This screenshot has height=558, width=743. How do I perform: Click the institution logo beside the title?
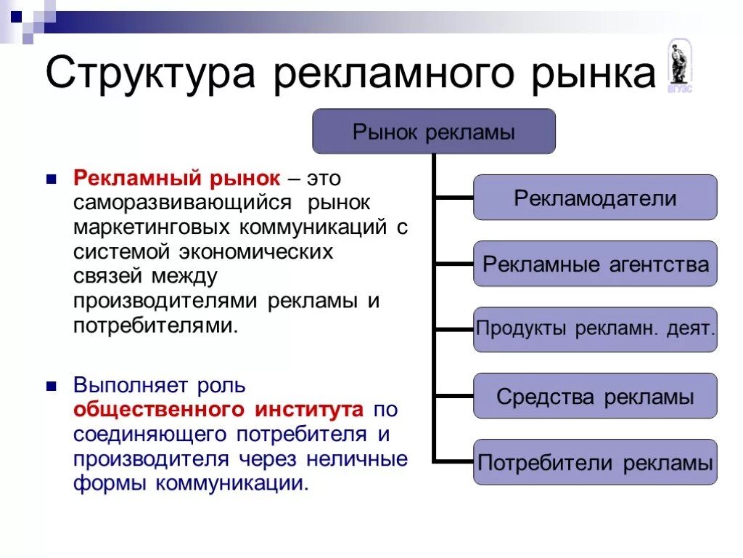(680, 65)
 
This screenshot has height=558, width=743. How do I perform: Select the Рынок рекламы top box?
(433, 132)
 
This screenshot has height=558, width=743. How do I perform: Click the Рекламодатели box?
(595, 198)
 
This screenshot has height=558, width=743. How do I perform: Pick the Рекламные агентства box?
(595, 264)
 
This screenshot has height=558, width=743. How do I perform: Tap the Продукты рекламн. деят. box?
(595, 330)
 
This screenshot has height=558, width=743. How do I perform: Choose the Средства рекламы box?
(595, 396)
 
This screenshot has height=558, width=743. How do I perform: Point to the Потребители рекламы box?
(595, 462)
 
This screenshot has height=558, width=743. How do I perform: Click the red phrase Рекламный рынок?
(176, 178)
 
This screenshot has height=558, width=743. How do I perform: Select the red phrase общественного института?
(218, 410)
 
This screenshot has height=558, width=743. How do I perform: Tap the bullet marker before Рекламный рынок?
(51, 178)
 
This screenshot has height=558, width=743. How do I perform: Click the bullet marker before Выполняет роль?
(51, 385)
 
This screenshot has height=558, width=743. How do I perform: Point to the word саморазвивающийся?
(182, 203)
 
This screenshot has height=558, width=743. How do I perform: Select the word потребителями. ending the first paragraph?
(155, 325)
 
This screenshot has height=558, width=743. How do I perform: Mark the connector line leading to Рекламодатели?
(453, 197)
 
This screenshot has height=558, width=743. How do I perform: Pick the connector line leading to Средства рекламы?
(453, 396)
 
